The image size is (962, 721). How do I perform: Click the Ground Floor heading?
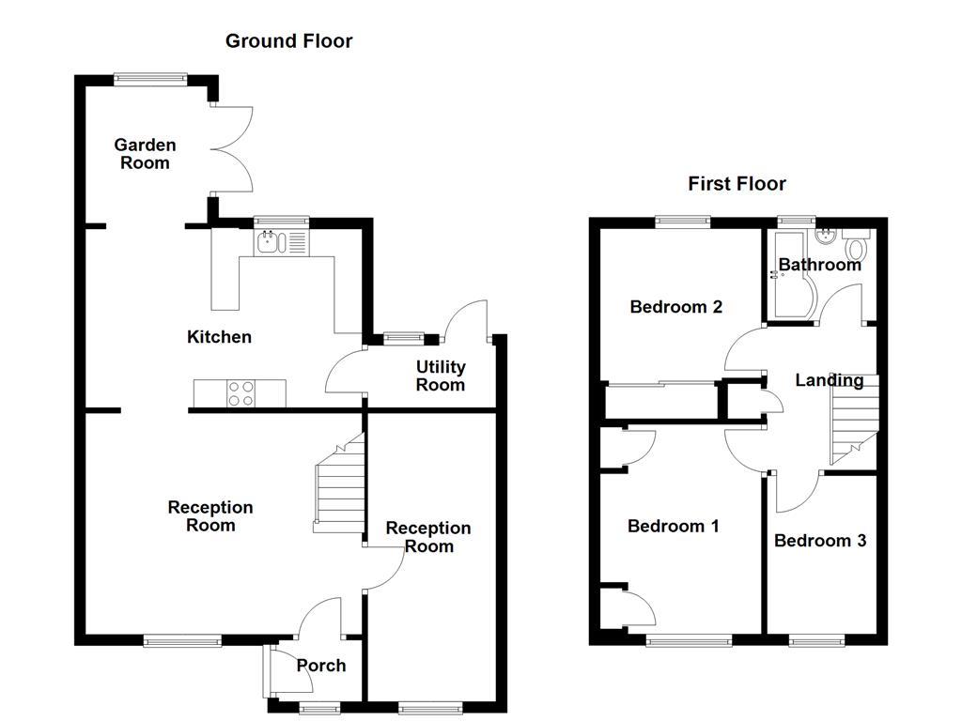(x=288, y=41)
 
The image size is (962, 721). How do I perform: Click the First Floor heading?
(x=737, y=183)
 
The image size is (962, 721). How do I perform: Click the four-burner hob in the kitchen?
(x=240, y=392)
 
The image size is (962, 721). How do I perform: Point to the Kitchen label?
(x=219, y=337)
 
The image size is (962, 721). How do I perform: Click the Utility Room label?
(x=441, y=376)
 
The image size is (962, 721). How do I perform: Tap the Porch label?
(x=320, y=666)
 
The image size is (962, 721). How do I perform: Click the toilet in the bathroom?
(x=856, y=249)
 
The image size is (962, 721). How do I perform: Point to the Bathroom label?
(x=819, y=265)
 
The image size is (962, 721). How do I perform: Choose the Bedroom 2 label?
(x=675, y=307)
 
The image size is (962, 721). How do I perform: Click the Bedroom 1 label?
(x=673, y=526)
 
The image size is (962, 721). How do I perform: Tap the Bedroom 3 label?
(x=819, y=541)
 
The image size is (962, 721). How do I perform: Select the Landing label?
(x=829, y=380)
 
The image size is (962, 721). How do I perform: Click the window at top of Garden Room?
(x=150, y=79)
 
